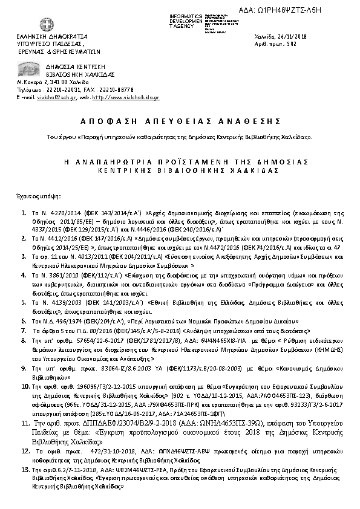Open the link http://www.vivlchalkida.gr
(x=126, y=97)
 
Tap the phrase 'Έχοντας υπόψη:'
(x=35, y=196)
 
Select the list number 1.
(x=22, y=213)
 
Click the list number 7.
(x=22, y=331)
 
